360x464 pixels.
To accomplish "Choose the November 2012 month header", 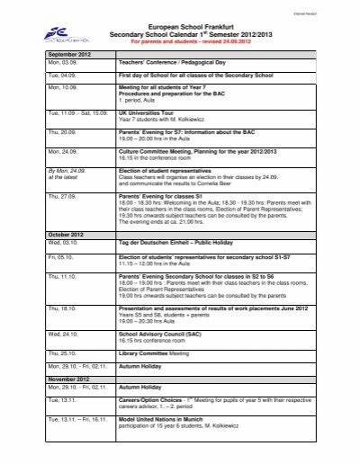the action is tap(71, 405).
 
